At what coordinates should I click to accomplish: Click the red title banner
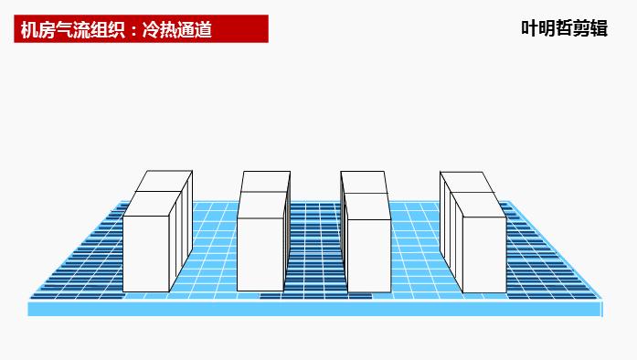click(x=143, y=28)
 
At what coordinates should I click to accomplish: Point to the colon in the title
click(x=131, y=30)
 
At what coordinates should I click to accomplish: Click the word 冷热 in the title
click(x=157, y=29)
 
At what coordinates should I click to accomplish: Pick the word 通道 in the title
click(x=194, y=29)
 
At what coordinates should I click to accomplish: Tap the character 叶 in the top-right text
click(x=529, y=28)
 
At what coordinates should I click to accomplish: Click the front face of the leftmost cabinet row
click(x=146, y=253)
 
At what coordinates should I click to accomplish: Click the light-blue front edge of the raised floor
click(x=315, y=309)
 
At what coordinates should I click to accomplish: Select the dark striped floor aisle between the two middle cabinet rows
click(x=315, y=247)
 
